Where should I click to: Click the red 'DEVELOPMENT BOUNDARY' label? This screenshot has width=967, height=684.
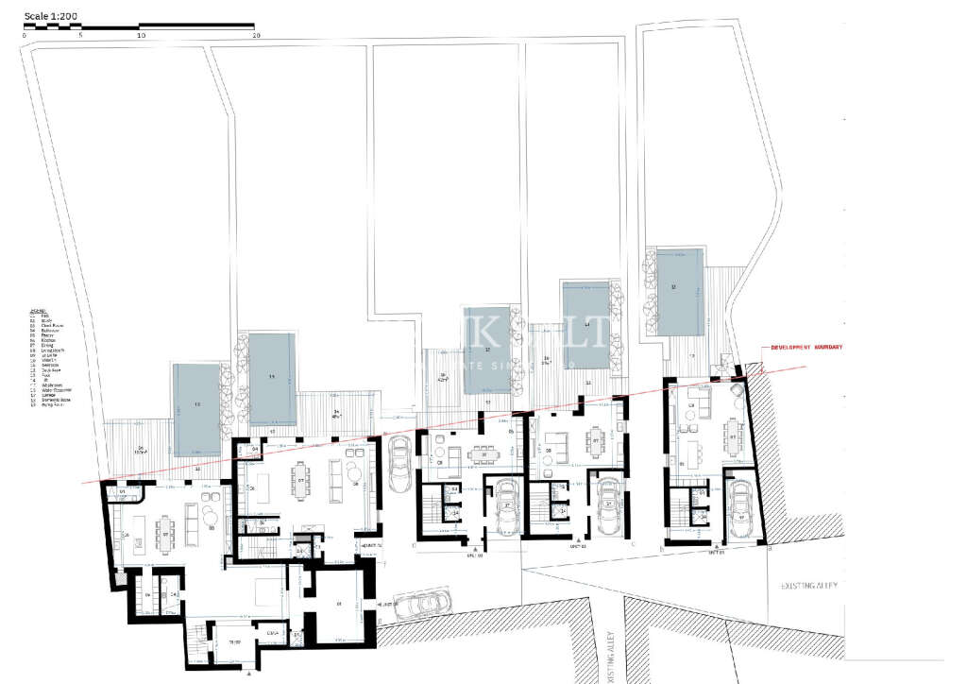pos(806,348)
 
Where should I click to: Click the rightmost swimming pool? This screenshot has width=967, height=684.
pos(680,292)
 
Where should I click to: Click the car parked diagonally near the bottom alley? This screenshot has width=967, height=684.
pos(421,604)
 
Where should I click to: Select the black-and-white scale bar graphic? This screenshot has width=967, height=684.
pos(139,27)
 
